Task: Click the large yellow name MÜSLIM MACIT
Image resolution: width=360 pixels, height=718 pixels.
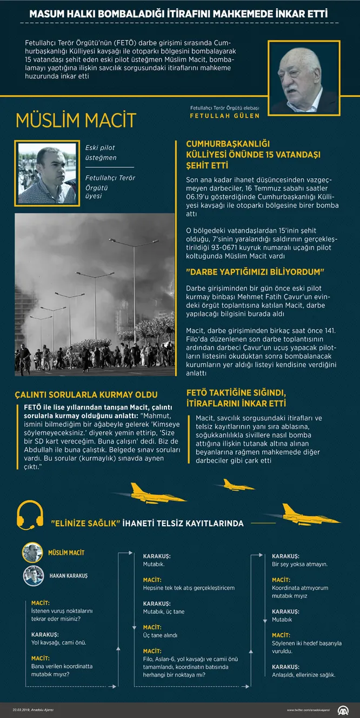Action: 76,120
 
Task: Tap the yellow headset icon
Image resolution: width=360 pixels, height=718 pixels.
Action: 30,515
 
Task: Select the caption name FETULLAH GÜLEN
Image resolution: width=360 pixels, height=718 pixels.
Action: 224,116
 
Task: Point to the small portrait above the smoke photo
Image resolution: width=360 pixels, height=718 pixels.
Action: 47,173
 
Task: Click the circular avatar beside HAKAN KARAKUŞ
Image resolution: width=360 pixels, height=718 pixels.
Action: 33,575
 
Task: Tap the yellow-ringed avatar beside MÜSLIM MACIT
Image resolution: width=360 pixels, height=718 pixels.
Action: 32,553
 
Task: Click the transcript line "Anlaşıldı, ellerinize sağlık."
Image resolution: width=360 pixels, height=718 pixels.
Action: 303,674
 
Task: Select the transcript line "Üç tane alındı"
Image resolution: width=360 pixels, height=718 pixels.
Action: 160,635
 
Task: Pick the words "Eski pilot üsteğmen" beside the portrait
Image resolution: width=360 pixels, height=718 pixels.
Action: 101,152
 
